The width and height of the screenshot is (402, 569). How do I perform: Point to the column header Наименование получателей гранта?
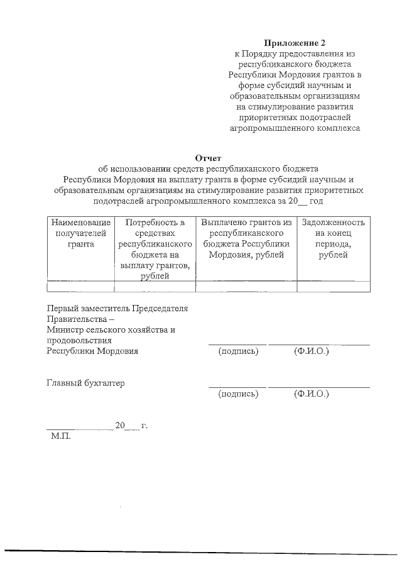(x=80, y=233)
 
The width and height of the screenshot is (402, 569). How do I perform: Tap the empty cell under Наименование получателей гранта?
(x=80, y=287)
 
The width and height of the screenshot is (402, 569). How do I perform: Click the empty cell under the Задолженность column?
(x=333, y=287)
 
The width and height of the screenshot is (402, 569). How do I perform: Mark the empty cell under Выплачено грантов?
(x=247, y=287)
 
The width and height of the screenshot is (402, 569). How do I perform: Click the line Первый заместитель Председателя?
(x=117, y=308)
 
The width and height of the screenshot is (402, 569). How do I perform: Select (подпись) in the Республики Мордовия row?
(x=238, y=351)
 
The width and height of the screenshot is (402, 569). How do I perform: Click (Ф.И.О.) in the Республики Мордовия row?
(x=312, y=351)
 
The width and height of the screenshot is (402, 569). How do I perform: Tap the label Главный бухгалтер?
(x=86, y=383)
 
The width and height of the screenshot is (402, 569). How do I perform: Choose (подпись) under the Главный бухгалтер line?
(x=238, y=394)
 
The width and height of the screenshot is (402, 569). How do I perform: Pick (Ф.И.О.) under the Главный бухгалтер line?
(x=312, y=394)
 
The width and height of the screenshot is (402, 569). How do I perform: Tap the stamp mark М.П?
(x=61, y=436)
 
